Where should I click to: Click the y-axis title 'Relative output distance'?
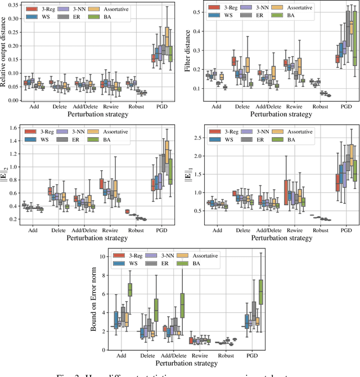[5, 52]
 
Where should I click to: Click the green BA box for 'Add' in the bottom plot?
[130, 289]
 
